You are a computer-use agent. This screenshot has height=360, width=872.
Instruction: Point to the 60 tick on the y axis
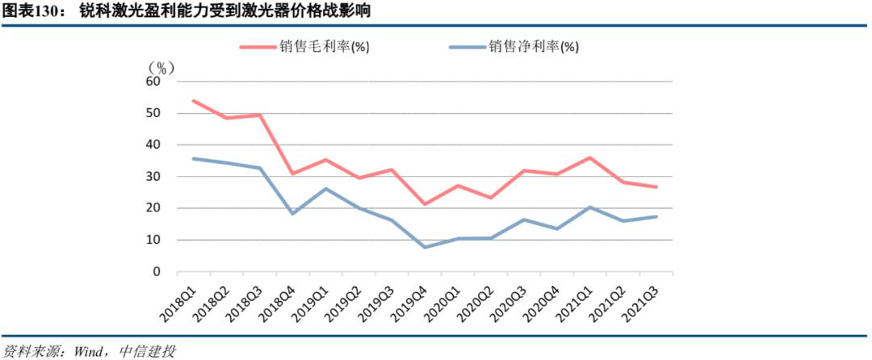(x=153, y=82)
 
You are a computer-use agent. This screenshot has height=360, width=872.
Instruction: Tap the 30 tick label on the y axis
(x=153, y=177)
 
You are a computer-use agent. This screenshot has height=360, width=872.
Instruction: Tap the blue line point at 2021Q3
(x=656, y=216)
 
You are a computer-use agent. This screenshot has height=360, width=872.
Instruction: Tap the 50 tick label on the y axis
(x=153, y=113)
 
